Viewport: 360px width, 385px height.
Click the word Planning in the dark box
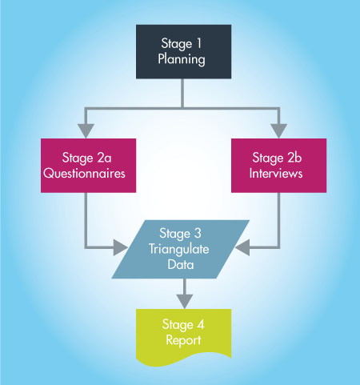pyautogui.click(x=182, y=59)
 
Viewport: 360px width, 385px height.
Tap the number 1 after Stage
pyautogui.click(x=198, y=43)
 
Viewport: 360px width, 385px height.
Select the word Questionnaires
pyautogui.click(x=84, y=174)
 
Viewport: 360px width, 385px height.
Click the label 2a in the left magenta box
pyautogui.click(x=104, y=158)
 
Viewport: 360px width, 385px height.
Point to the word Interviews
pyautogui.click(x=276, y=173)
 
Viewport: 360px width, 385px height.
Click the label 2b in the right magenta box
pyautogui.click(x=294, y=157)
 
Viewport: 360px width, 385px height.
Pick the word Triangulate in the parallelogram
pyautogui.click(x=179, y=249)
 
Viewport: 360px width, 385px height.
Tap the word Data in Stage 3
pyautogui.click(x=181, y=264)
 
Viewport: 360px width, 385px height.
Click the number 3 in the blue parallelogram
pyautogui.click(x=198, y=233)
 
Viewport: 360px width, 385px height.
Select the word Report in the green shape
pyautogui.click(x=183, y=340)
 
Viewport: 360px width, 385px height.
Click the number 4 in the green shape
pyautogui.click(x=201, y=325)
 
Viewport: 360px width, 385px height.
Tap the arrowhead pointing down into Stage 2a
pyautogui.click(x=86, y=131)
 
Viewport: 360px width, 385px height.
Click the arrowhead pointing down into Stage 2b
pyautogui.click(x=278, y=131)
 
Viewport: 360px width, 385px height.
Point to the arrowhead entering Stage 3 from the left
pyautogui.click(x=121, y=247)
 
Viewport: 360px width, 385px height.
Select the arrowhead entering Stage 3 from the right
pyautogui.click(x=242, y=247)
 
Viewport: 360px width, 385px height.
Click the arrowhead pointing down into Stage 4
pyautogui.click(x=185, y=302)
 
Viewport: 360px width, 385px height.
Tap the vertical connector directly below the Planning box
pyautogui.click(x=182, y=93)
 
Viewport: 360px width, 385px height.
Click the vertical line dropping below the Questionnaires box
pyautogui.click(x=86, y=220)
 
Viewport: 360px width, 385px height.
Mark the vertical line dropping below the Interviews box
pyautogui.click(x=278, y=220)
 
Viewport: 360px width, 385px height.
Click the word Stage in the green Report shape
pyautogui.click(x=178, y=325)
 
